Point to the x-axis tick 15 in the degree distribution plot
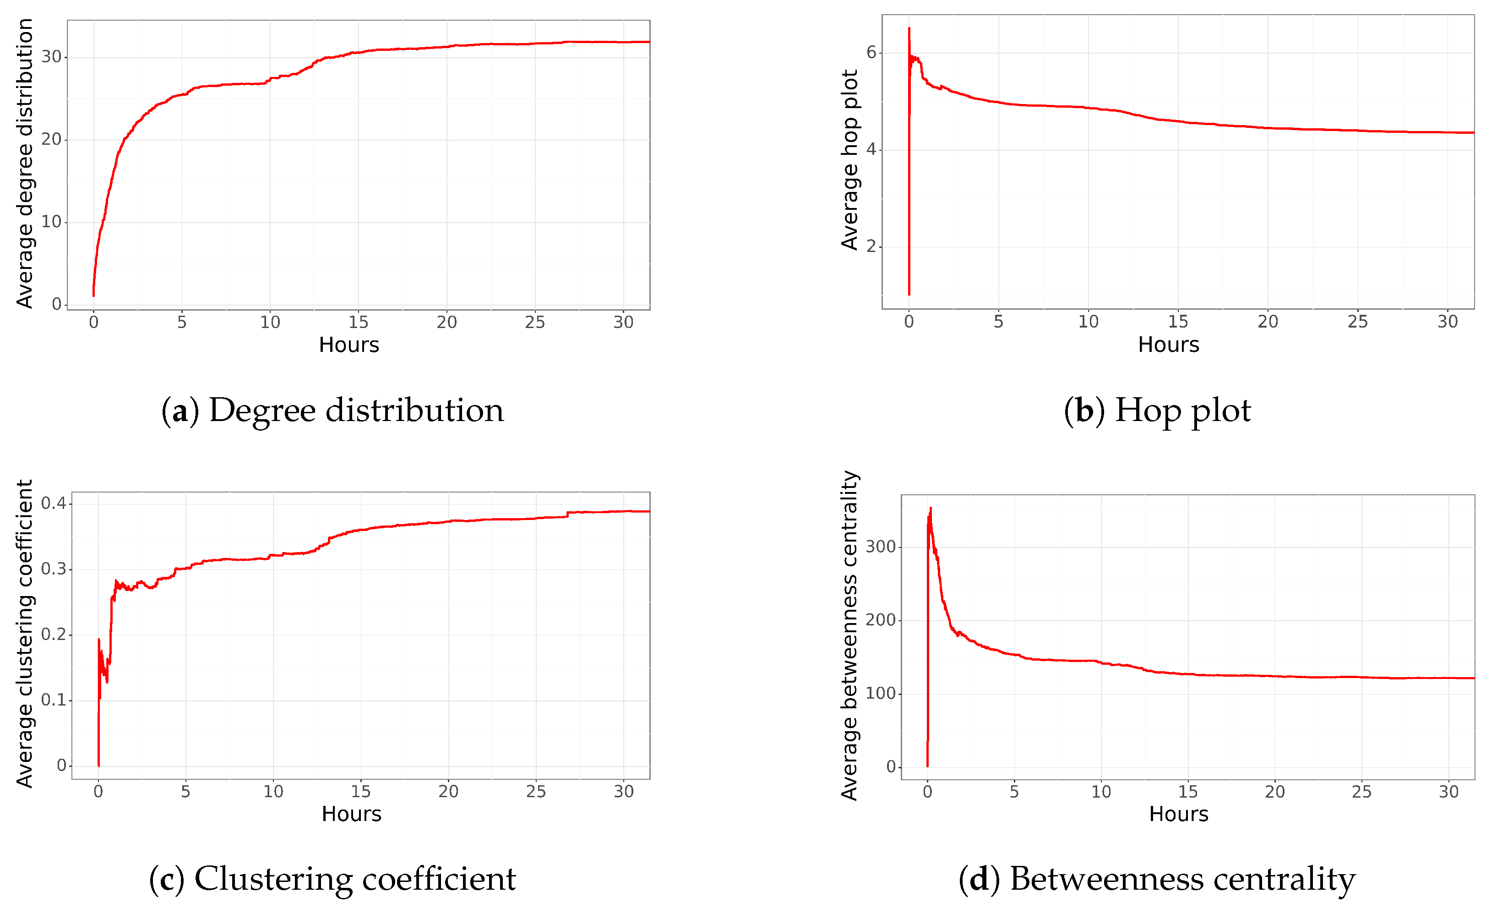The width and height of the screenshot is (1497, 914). (359, 323)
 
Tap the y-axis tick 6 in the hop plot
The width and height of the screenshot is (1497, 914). (871, 53)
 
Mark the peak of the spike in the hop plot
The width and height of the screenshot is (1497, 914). (909, 28)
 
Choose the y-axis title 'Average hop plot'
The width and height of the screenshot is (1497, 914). (849, 160)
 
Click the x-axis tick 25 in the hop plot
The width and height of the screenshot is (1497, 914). (1357, 322)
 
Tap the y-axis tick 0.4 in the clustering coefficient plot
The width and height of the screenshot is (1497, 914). (54, 503)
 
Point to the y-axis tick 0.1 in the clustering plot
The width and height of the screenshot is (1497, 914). (54, 700)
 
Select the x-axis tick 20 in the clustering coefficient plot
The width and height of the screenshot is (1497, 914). (448, 792)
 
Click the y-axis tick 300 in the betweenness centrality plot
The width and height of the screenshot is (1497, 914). (880, 547)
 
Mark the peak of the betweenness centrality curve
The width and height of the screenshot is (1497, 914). (931, 509)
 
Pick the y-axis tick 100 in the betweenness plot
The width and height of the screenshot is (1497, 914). (880, 693)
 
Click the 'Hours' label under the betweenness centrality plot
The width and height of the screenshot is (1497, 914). (1179, 814)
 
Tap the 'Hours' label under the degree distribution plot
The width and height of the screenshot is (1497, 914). (349, 345)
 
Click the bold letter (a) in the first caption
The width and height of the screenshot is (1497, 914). (180, 411)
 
